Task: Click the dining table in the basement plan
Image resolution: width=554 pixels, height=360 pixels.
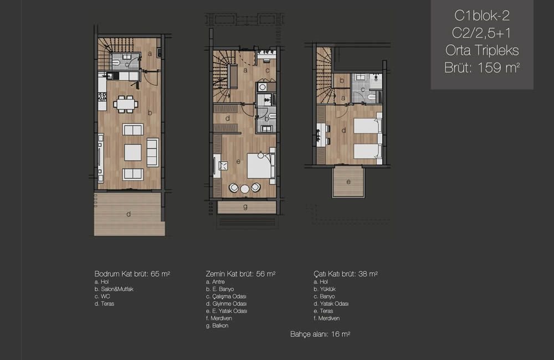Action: [126, 104]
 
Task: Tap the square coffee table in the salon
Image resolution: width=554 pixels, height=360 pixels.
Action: [133, 153]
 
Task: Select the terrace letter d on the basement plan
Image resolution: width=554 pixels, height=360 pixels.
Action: [129, 214]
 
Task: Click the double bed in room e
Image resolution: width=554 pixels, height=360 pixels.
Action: [261, 166]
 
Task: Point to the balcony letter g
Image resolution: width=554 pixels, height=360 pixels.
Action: [245, 207]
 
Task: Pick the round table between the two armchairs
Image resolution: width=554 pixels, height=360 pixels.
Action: [244, 189]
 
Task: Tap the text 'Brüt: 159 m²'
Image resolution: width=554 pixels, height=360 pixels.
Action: [482, 68]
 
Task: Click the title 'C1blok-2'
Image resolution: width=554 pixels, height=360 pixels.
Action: [482, 16]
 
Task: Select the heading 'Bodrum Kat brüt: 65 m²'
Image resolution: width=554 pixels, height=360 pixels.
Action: [132, 274]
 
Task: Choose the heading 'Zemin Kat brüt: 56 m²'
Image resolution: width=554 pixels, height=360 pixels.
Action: [240, 274]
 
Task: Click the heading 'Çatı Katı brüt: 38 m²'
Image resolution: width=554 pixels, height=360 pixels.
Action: [346, 274]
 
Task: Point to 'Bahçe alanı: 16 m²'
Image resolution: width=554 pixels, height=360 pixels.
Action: [320, 334]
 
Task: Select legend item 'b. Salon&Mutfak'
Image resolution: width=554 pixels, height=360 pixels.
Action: [114, 289]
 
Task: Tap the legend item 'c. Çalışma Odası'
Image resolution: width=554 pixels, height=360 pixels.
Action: [226, 296]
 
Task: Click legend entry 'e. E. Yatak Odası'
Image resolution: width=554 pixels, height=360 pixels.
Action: [227, 311]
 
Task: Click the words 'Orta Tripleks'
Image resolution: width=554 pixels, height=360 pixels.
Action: [482, 50]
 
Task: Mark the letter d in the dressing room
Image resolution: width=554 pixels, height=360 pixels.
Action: [228, 119]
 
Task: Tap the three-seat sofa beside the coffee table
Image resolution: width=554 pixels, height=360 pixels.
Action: [153, 152]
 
